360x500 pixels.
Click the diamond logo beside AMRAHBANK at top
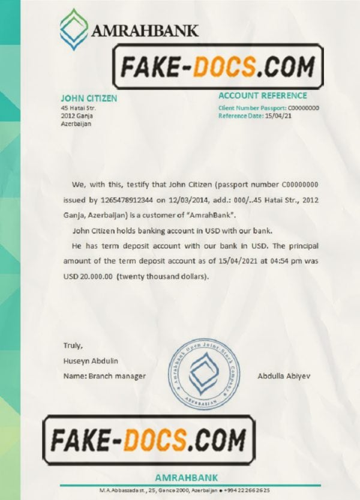pos(73,28)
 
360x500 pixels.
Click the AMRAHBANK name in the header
pos(144,30)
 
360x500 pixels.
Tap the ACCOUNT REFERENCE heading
pos(262,95)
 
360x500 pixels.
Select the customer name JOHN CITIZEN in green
pos(88,98)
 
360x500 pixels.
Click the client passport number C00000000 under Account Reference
pos(304,108)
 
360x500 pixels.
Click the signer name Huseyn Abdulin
pos(91,360)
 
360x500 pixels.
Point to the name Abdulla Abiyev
pos(284,376)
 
